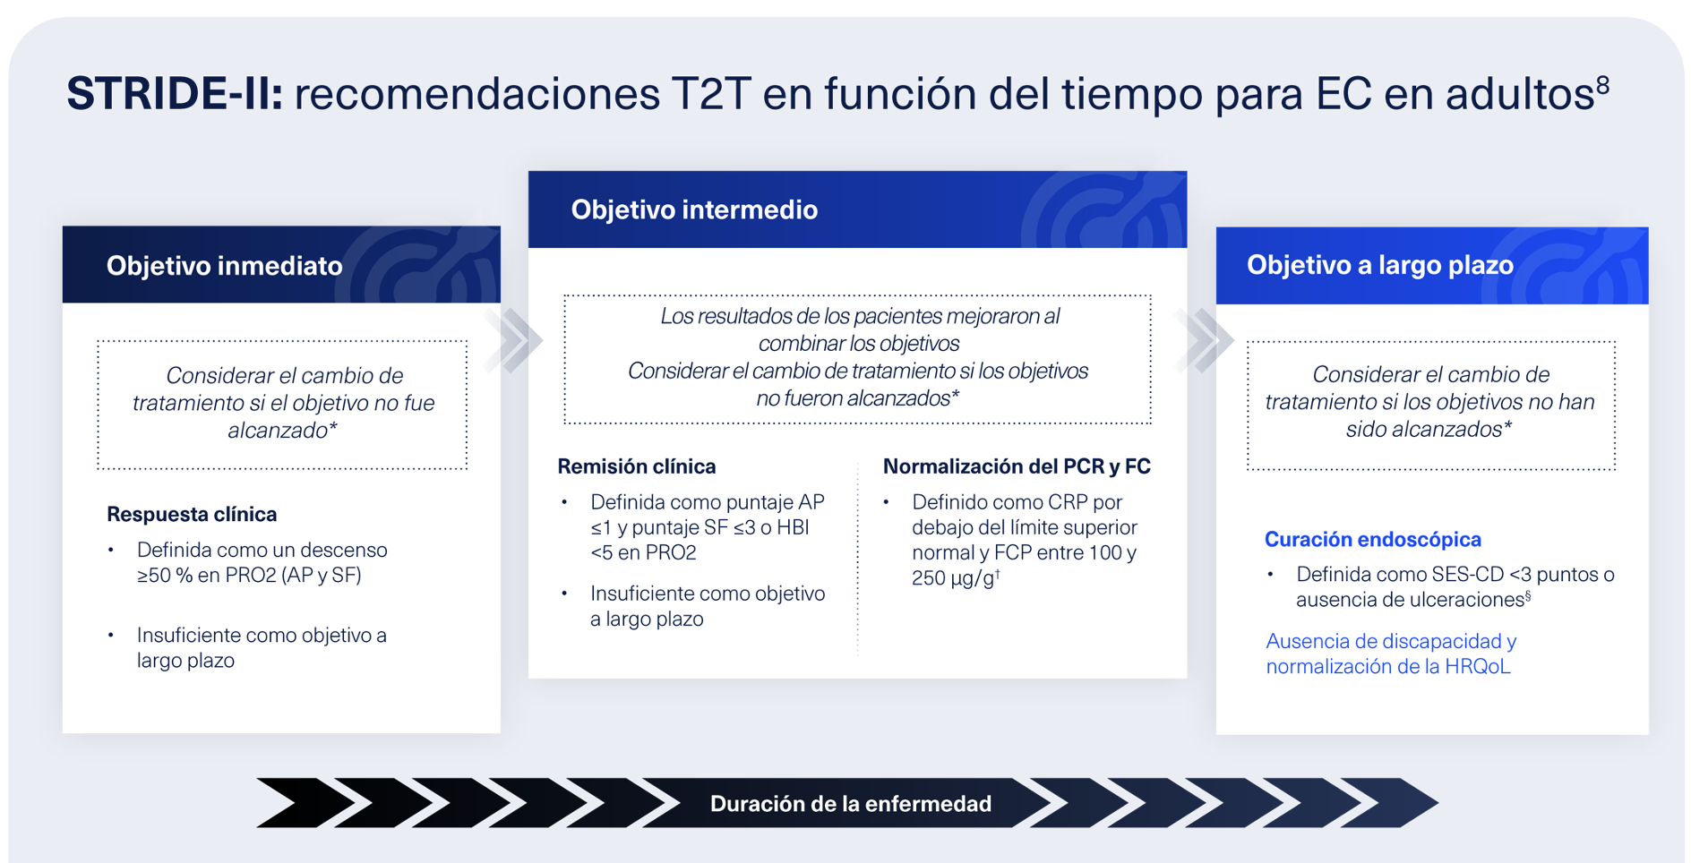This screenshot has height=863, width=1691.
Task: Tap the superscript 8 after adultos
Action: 1602,85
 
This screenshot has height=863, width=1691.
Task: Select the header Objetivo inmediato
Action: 224,266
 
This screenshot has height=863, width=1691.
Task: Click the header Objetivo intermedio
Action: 694,209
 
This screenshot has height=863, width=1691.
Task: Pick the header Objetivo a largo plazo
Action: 1379,265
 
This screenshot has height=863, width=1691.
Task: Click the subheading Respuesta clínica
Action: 192,514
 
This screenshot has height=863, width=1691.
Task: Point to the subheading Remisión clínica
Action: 636,466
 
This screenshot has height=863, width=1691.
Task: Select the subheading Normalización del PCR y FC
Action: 1016,466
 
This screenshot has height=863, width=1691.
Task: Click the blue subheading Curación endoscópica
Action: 1372,539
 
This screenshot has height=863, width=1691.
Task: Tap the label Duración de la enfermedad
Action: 850,804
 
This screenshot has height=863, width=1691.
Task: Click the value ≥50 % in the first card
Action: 165,576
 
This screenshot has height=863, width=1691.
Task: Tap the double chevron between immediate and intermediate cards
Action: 514,340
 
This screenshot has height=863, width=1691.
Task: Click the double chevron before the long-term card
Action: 1205,340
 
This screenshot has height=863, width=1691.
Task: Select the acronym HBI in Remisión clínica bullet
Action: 793,527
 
